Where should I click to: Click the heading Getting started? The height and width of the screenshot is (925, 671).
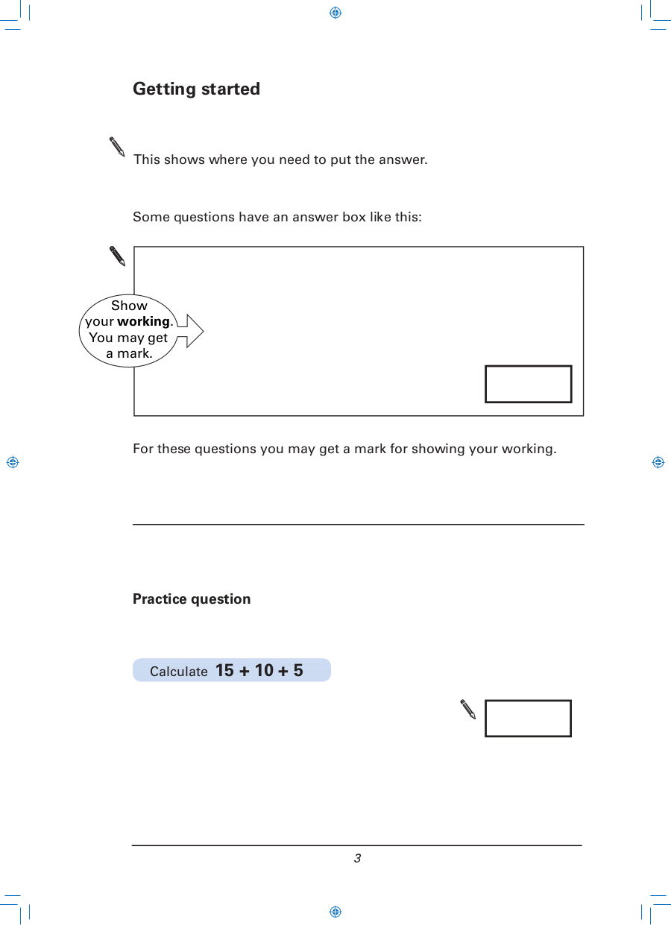point(196,89)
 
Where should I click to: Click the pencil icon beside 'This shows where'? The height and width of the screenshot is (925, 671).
point(117,147)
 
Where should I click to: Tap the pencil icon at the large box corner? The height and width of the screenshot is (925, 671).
point(117,256)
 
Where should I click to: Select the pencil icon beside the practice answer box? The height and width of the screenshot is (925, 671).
point(468,709)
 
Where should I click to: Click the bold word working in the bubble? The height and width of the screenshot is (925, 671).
point(143,322)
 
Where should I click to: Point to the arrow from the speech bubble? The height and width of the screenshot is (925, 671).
point(190,331)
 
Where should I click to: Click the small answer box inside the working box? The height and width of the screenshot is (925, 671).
point(529,384)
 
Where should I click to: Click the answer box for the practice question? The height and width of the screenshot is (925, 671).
point(528,718)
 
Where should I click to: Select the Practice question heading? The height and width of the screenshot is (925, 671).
point(192,599)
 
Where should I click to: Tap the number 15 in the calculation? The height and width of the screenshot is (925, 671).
point(224,670)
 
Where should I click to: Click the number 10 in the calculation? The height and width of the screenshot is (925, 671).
point(264,670)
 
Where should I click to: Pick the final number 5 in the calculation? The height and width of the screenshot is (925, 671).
point(298,670)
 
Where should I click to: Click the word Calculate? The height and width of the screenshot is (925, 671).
point(178,672)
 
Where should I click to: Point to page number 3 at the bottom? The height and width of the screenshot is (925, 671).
point(357,859)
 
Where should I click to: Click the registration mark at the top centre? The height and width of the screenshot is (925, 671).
point(335,13)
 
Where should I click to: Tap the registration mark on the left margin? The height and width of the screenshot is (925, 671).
point(13,462)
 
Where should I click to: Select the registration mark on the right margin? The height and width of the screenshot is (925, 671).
point(658,462)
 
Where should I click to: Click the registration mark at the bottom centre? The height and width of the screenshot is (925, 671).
point(335,912)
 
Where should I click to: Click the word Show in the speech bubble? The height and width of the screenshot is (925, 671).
point(129,306)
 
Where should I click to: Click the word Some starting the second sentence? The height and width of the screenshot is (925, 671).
point(151,217)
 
